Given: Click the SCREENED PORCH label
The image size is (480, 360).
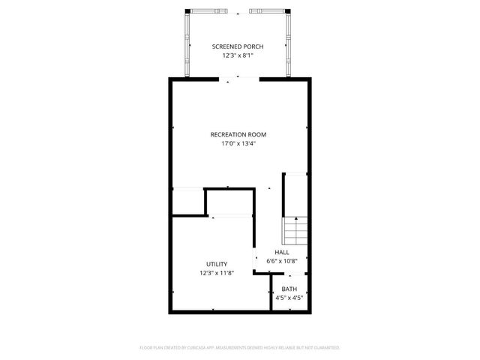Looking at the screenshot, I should [x=238, y=46].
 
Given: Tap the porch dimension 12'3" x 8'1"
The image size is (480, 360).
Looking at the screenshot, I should [x=238, y=55].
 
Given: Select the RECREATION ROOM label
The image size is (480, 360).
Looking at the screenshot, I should [x=238, y=134].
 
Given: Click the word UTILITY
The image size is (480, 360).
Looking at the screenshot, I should [x=217, y=264].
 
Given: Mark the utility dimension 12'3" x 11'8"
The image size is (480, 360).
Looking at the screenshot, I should [x=217, y=273].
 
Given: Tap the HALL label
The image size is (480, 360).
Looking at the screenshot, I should [x=282, y=252].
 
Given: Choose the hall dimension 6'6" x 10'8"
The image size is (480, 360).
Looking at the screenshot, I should [x=282, y=261].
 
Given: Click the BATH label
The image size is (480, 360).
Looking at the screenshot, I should [x=289, y=289].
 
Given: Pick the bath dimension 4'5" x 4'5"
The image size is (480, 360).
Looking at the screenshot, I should [x=289, y=298].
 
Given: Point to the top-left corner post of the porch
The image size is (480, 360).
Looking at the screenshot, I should [x=187, y=12].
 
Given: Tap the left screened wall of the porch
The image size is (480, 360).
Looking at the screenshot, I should [x=187, y=45].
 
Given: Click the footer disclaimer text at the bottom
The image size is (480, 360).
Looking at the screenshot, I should [x=240, y=348].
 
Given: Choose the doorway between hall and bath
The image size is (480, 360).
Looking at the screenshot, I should [x=289, y=275].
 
